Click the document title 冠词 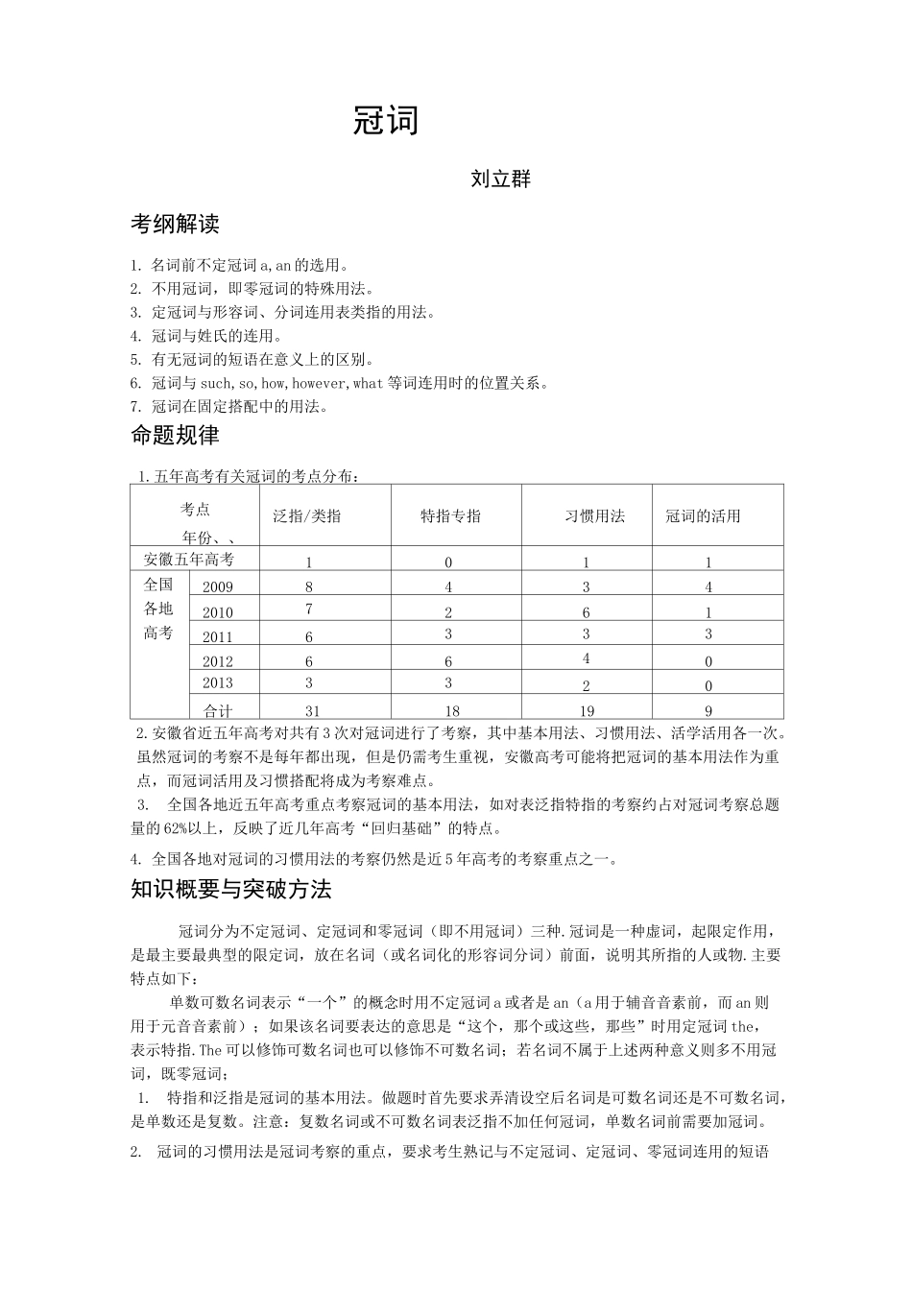coord(386,122)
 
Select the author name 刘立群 coord(500,179)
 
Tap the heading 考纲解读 coord(175,225)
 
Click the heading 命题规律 coord(175,436)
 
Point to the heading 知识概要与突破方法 coord(230,890)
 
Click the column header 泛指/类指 coord(306,516)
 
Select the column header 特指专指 coord(450,516)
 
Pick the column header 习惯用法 coord(594,516)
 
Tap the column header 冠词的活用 coord(703,516)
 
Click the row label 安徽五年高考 coord(188,560)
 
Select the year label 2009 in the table coord(218,587)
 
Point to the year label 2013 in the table coord(218,683)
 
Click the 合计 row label coord(218,711)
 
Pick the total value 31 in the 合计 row coord(312,711)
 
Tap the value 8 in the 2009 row coord(309,587)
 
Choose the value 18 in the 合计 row coord(452,711)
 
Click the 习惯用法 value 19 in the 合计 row coord(586,711)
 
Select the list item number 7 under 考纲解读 coord(135,407)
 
